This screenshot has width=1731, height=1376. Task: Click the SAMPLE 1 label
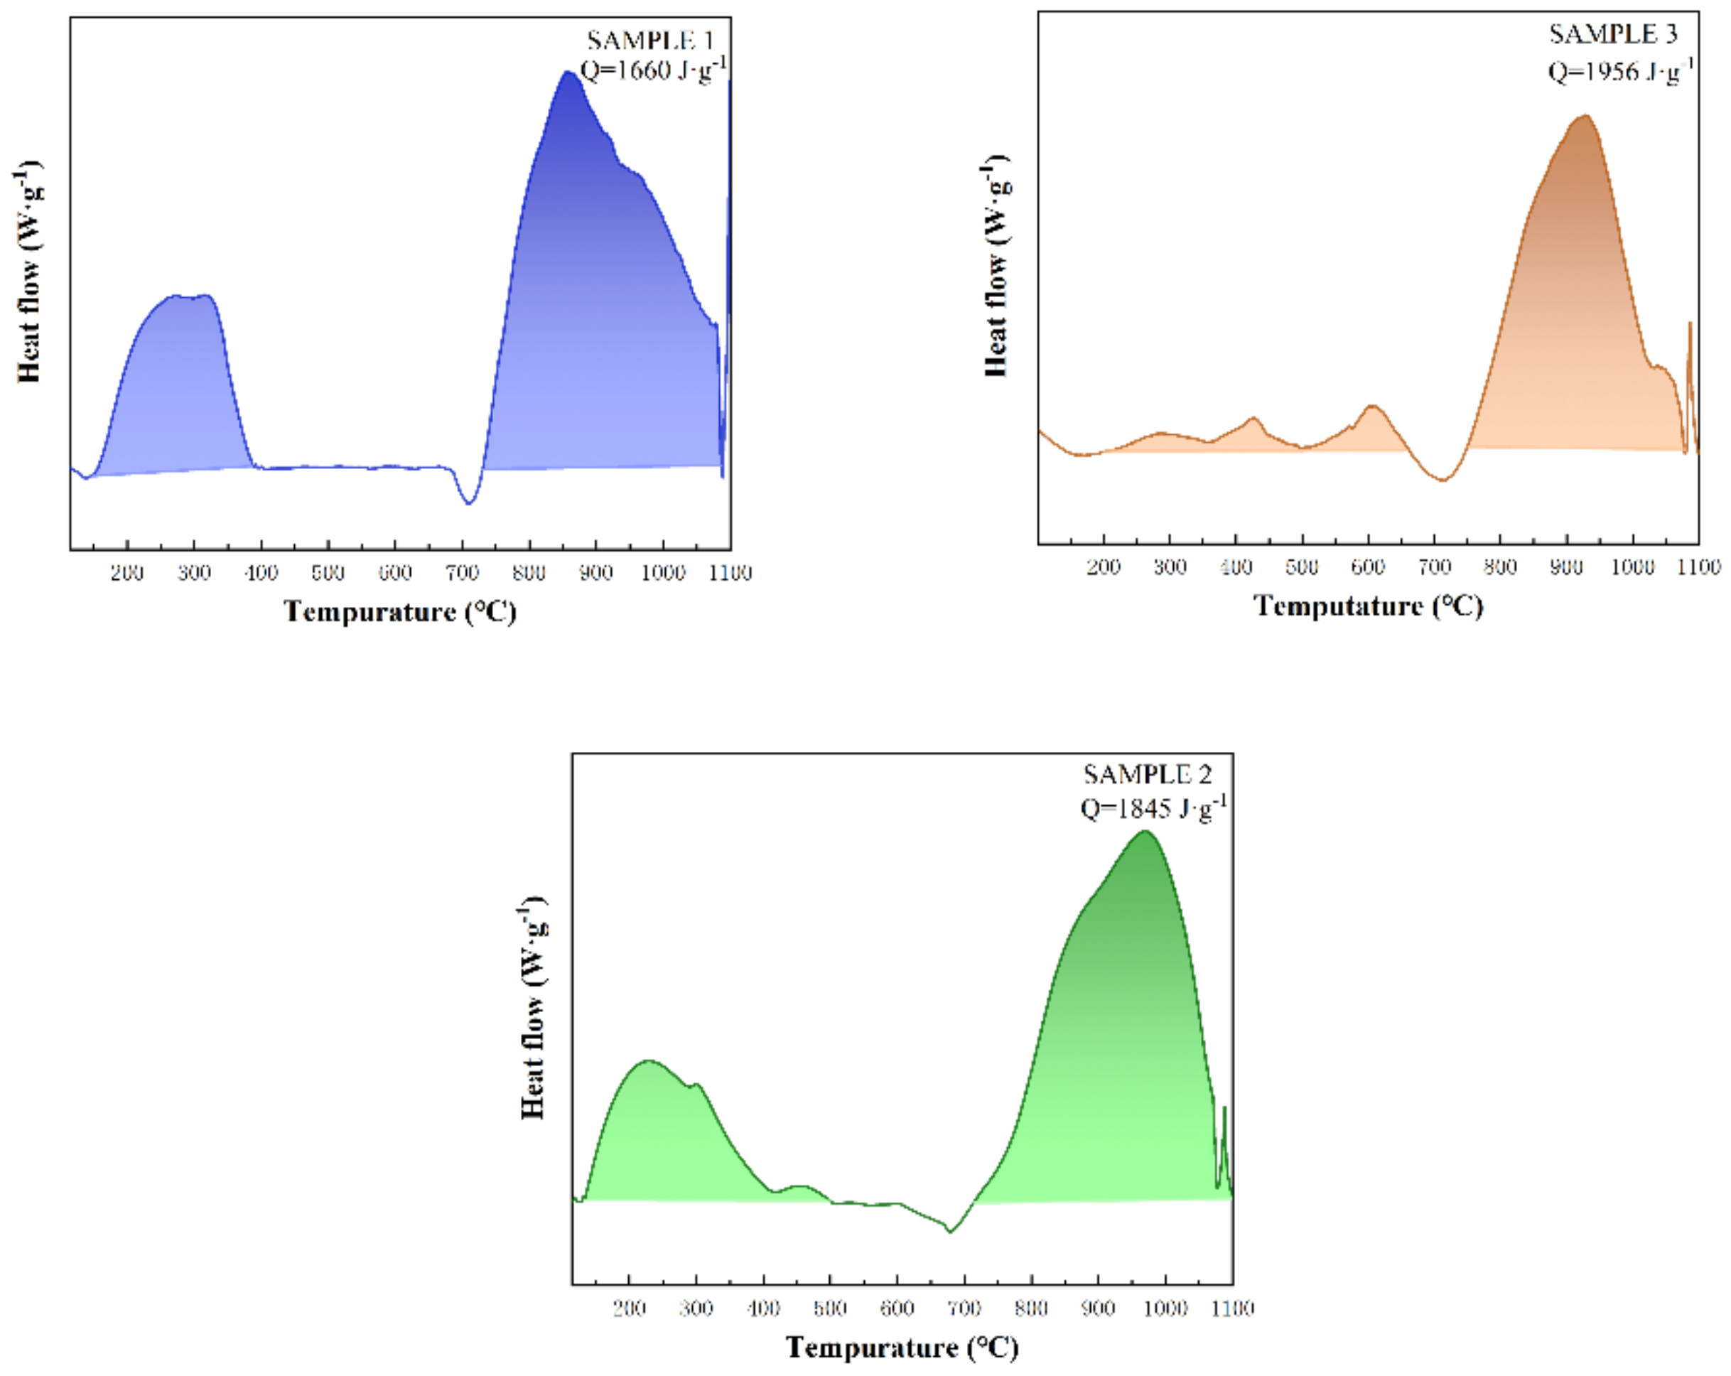(x=649, y=41)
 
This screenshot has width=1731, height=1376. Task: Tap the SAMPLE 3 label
(x=1613, y=35)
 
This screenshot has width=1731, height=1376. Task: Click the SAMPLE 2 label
(x=1148, y=774)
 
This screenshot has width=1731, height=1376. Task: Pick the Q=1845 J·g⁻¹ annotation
(x=1153, y=807)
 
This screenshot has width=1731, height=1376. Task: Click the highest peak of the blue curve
(x=568, y=73)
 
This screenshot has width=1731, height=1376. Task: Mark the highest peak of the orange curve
(x=1585, y=117)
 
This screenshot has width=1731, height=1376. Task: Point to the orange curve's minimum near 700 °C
(x=1442, y=480)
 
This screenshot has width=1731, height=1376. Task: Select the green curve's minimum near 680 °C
(x=950, y=1232)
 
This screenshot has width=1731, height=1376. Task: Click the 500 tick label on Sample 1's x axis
(x=328, y=573)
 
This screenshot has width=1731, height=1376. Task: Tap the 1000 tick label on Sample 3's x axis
(x=1632, y=567)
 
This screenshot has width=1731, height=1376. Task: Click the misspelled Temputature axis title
(x=1368, y=606)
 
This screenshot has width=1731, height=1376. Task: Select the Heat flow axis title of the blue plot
(x=29, y=273)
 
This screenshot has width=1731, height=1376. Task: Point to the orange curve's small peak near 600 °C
(x=1372, y=407)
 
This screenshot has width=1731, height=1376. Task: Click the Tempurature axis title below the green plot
(x=902, y=1347)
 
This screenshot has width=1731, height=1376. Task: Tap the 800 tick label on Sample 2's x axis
(x=1031, y=1308)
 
